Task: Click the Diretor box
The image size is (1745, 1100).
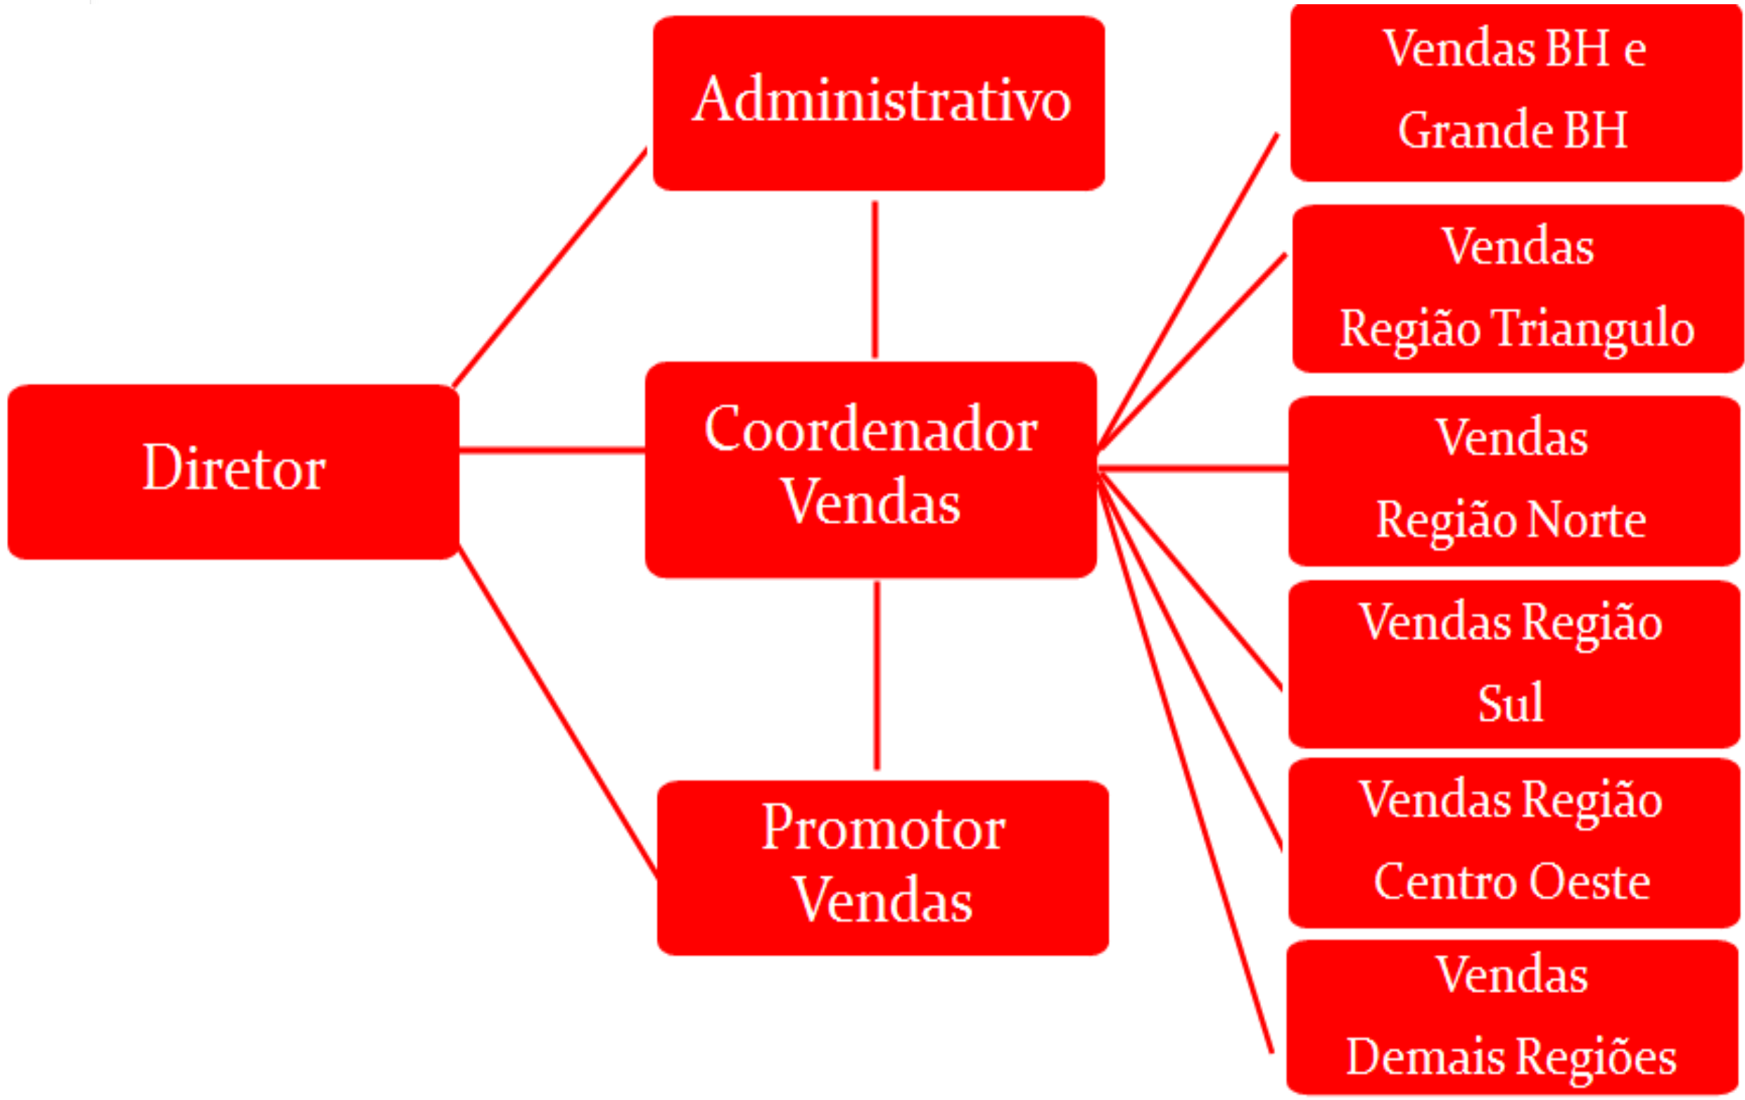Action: click(234, 471)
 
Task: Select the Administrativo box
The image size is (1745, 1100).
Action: click(879, 103)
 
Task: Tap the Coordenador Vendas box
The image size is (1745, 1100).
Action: click(871, 469)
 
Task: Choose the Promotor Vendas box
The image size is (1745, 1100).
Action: click(882, 868)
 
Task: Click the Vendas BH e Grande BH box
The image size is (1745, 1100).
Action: click(1516, 92)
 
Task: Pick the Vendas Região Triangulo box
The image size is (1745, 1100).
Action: click(1518, 289)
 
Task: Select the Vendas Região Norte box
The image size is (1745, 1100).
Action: click(1514, 481)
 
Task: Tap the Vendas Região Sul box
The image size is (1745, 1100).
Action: click(1514, 663)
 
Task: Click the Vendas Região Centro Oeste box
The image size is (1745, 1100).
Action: click(1514, 842)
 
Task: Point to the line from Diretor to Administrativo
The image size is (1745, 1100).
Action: click(550, 267)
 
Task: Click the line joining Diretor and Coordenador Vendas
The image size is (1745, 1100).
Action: click(552, 450)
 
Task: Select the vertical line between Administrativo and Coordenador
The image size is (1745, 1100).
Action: click(875, 279)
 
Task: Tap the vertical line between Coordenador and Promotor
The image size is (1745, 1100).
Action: click(877, 675)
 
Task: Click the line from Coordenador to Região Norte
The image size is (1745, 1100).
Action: click(1193, 468)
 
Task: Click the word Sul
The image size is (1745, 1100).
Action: click(1511, 703)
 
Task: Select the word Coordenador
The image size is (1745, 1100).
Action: click(871, 430)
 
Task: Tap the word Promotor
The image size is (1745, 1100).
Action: click(883, 828)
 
